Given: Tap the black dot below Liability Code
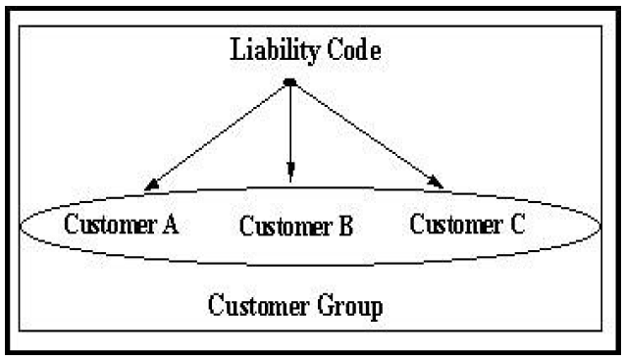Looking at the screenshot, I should pyautogui.click(x=290, y=82).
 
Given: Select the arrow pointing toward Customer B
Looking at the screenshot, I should pyautogui.click(x=290, y=128).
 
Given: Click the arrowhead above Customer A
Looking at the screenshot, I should pyautogui.click(x=150, y=183).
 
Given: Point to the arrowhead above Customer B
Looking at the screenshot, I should pyautogui.click(x=290, y=176).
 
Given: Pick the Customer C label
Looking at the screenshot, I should pyautogui.click(x=466, y=224).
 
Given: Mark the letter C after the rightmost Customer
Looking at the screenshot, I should pyautogui.click(x=515, y=224).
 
